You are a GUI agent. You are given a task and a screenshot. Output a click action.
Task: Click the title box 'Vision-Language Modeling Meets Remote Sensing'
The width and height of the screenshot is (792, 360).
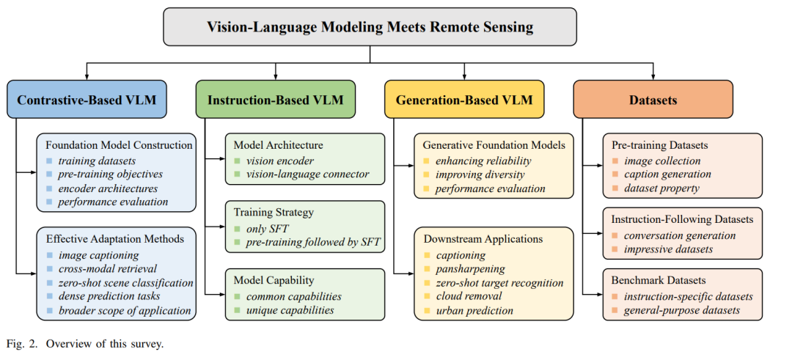tap(370, 26)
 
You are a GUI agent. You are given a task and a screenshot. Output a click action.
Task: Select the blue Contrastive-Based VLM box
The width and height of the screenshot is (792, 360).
tap(87, 100)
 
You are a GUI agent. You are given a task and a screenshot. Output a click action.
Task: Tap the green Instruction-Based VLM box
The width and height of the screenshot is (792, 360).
tap(275, 100)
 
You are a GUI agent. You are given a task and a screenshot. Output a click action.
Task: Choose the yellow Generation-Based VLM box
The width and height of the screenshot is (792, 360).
tap(464, 100)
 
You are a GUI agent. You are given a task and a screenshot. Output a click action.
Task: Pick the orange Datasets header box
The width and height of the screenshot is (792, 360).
tap(653, 100)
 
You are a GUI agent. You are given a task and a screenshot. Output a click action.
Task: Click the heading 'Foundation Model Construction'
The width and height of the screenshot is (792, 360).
tap(120, 145)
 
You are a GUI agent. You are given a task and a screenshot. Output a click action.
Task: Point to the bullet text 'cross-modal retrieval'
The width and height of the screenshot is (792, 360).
tap(107, 269)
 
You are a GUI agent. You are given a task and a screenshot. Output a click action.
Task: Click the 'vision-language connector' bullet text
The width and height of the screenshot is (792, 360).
tap(307, 175)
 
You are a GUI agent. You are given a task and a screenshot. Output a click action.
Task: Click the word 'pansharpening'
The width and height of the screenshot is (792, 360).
tap(470, 268)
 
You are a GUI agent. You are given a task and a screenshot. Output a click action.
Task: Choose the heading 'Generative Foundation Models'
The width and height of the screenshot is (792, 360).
tap(494, 145)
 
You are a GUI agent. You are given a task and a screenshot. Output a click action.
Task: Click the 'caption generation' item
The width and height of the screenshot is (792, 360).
tap(667, 175)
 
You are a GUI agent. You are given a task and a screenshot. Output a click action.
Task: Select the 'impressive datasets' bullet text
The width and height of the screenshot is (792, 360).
tap(667, 249)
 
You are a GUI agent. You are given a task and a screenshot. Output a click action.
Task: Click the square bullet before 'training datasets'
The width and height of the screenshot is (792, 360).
tap(49, 161)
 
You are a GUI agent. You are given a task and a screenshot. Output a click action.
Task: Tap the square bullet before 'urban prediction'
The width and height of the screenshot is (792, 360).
tap(426, 311)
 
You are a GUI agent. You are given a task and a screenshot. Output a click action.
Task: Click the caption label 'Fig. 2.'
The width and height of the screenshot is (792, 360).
tap(21, 345)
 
